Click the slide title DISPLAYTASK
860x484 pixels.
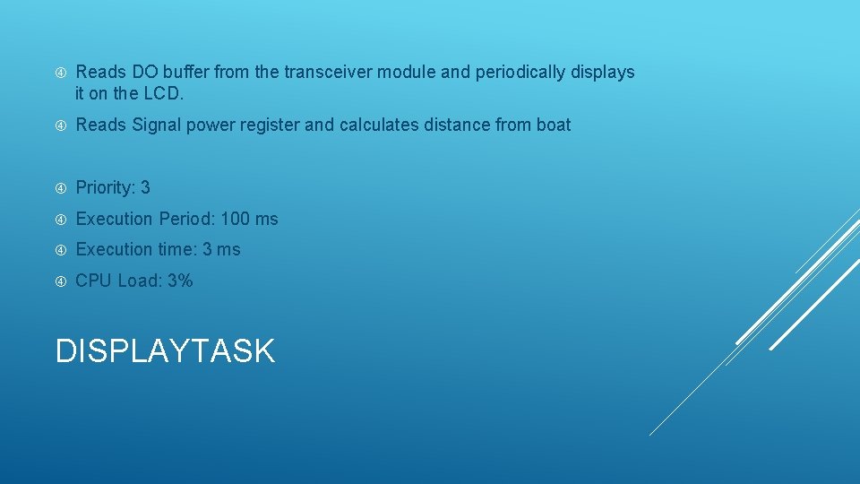click(165, 350)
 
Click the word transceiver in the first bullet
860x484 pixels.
click(331, 72)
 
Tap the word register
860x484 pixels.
click(267, 125)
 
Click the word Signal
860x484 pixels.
click(158, 125)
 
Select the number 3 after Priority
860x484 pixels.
click(145, 187)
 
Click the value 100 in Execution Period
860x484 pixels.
click(235, 219)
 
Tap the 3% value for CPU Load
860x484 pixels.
click(179, 281)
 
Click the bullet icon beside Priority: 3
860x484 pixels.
click(61, 188)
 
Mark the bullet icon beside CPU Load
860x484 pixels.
click(61, 281)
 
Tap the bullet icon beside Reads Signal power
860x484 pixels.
click(61, 125)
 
